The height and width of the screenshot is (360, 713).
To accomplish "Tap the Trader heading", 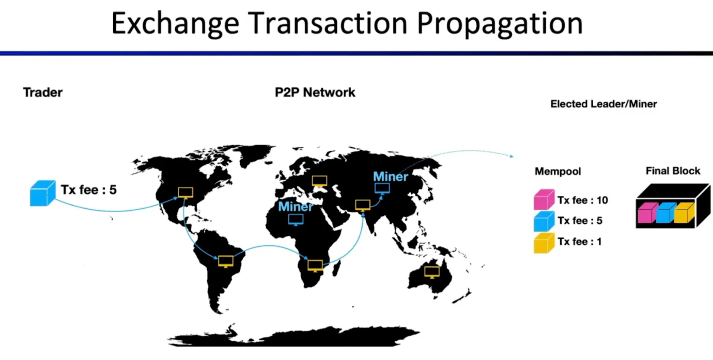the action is tap(43, 92).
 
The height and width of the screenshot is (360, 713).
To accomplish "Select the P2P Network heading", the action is tap(315, 92).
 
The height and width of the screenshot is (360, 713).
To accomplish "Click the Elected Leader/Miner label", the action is tap(603, 104).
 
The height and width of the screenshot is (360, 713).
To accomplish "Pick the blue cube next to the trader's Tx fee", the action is tap(43, 193).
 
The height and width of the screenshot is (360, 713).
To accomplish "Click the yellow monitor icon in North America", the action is tap(185, 193).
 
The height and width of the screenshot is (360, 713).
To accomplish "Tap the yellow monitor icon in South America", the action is tap(226, 262).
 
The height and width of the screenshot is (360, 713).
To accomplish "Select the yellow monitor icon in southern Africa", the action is tap(315, 266).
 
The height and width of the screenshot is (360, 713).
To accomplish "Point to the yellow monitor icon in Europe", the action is tap(319, 181).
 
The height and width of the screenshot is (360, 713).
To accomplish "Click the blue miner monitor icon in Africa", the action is tap(296, 220).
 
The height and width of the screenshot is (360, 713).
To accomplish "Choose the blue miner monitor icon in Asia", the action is tap(382, 189).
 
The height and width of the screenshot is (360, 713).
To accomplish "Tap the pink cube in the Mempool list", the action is tap(544, 199).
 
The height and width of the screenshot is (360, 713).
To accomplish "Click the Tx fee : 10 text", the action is tap(582, 200).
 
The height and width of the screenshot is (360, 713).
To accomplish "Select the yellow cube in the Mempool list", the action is tap(544, 243).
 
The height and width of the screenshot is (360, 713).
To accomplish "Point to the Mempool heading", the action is tap(557, 171).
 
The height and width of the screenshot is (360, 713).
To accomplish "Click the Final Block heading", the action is tap(673, 171).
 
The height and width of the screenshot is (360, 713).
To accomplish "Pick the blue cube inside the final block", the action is tap(666, 213).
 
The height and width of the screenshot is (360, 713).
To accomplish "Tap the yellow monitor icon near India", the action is tap(363, 205).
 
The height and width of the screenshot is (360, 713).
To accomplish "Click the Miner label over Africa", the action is tap(296, 207).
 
